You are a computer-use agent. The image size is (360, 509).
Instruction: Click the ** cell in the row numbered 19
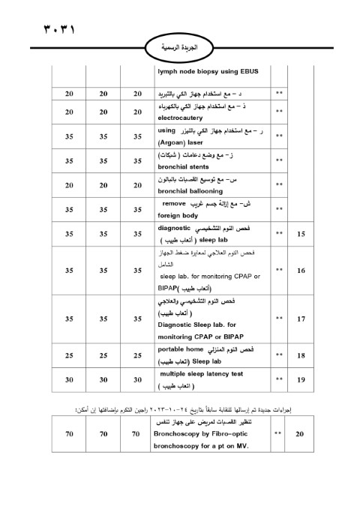pos(280,381)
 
